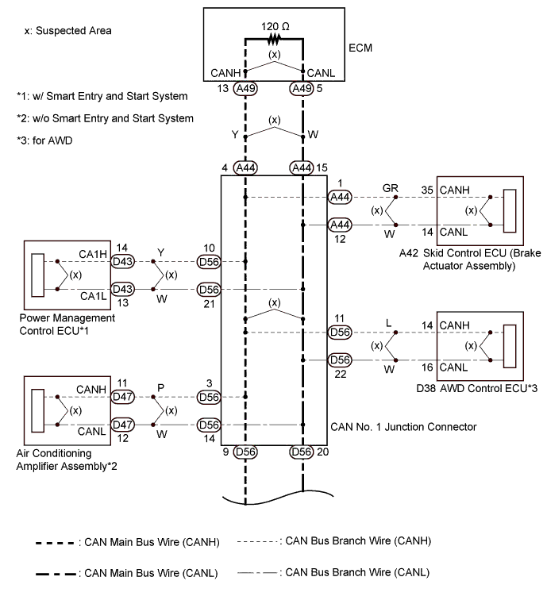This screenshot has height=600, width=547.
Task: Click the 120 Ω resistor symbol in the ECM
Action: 274,39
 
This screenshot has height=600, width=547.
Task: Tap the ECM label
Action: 360,48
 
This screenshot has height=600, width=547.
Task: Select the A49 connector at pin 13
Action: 245,88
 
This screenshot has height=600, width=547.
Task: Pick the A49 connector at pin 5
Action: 301,88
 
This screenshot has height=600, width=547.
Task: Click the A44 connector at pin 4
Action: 245,167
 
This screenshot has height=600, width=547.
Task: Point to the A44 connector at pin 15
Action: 301,167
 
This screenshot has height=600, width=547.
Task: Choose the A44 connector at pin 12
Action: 340,225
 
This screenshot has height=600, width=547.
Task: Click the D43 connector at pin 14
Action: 122,262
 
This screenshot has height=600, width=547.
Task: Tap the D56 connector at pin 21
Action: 209,290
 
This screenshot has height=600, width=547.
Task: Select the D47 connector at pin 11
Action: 122,397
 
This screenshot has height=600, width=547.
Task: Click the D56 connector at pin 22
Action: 340,360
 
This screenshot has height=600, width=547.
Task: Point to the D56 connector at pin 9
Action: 245,452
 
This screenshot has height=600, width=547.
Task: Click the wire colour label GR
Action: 390,188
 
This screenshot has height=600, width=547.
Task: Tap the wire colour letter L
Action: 388,323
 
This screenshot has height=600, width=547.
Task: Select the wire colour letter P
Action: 161,388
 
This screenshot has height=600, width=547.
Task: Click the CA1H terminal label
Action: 93,254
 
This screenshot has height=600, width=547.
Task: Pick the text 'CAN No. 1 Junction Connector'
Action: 403,427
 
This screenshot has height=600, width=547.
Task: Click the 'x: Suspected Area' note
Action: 67,31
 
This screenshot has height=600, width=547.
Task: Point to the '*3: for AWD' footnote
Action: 44,140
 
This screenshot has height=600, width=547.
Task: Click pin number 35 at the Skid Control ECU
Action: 427,190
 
